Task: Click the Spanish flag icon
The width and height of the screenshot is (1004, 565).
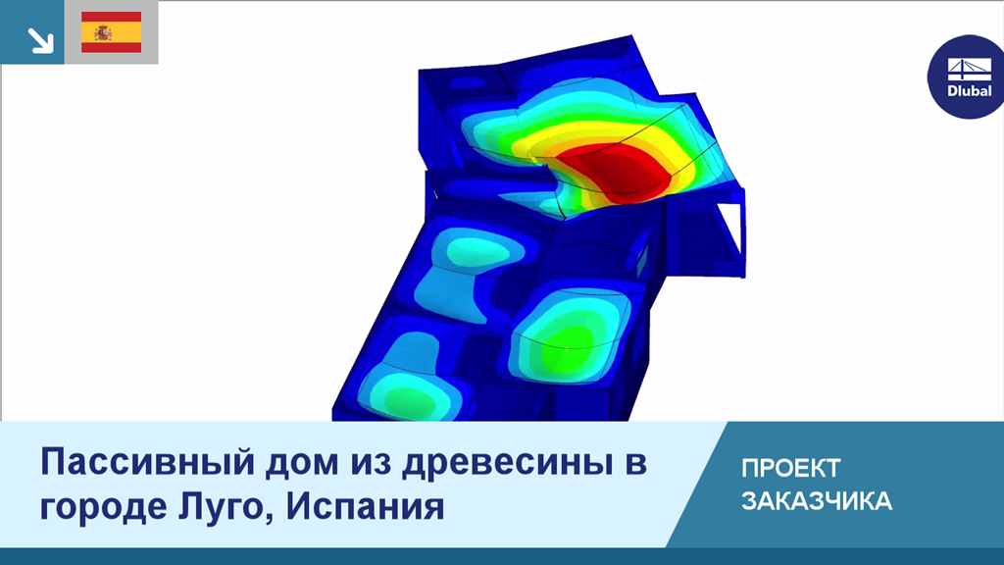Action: pyautogui.click(x=112, y=32)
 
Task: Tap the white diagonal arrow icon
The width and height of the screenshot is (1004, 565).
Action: pyautogui.click(x=40, y=40)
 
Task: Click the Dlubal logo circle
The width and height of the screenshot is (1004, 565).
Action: pyautogui.click(x=967, y=77)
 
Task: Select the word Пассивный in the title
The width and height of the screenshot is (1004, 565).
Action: pyautogui.click(x=148, y=462)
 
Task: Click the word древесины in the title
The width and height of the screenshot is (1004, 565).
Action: pyautogui.click(x=505, y=463)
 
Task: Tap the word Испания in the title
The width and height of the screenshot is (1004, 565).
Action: pyautogui.click(x=365, y=507)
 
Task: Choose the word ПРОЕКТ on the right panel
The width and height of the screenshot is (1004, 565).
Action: pyautogui.click(x=791, y=468)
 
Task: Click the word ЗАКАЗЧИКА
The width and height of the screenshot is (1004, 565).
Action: pyautogui.click(x=817, y=501)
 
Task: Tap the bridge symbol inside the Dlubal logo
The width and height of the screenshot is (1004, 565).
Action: pyautogui.click(x=970, y=70)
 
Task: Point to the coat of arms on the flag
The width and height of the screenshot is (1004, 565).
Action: pyautogui.click(x=102, y=32)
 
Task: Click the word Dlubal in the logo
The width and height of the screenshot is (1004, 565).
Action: pyautogui.click(x=970, y=91)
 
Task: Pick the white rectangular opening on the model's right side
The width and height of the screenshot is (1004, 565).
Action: pyautogui.click(x=728, y=231)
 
